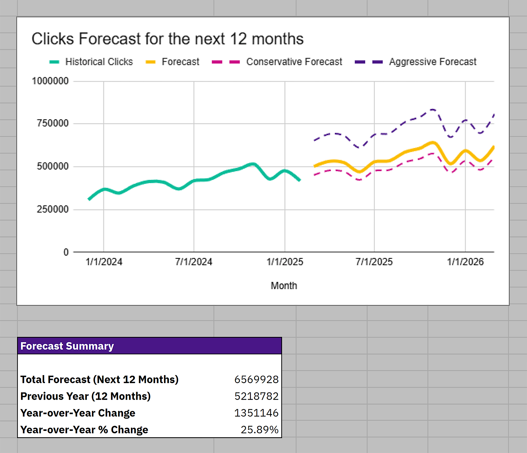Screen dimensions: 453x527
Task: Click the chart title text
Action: coord(167,39)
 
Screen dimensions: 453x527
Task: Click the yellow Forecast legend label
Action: coord(180,62)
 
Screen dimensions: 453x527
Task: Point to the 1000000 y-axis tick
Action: coord(50,81)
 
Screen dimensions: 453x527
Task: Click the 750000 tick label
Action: coord(53,123)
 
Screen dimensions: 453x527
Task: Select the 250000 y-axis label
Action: coord(53,209)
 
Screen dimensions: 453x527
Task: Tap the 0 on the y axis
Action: coord(66,252)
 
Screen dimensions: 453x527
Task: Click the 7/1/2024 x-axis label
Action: coord(193,262)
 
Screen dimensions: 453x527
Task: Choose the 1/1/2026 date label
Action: coord(465,262)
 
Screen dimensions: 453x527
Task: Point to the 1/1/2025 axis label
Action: coord(285,262)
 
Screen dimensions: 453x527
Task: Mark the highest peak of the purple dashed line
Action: coord(433,110)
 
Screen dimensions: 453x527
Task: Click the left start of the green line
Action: coord(89,199)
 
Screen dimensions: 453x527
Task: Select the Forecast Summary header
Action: coord(67,346)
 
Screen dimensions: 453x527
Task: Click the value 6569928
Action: coord(256,380)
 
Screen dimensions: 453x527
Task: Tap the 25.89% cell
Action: coord(259,430)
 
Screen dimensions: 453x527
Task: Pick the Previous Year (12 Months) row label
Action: coord(85,396)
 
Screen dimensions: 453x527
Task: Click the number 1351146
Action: coord(256,413)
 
